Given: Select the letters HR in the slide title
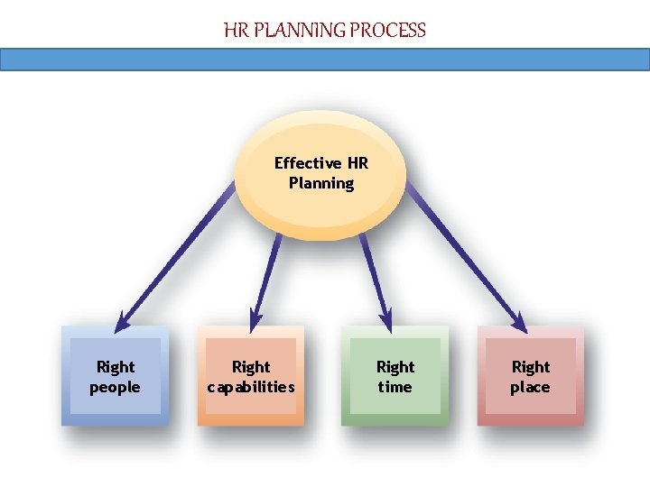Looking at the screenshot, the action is click(x=236, y=31).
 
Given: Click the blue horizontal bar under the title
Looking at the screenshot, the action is click(x=325, y=60).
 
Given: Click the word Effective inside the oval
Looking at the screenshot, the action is click(x=308, y=163).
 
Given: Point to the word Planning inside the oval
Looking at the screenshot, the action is click(x=321, y=183).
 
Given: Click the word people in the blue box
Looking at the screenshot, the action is click(x=115, y=388).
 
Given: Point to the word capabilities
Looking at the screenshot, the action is click(x=251, y=388).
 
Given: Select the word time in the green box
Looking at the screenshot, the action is click(x=395, y=388).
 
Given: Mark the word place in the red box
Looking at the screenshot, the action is click(x=530, y=388).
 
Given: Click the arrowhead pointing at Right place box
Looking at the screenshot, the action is click(x=519, y=323).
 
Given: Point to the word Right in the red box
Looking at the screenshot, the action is click(x=530, y=367).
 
